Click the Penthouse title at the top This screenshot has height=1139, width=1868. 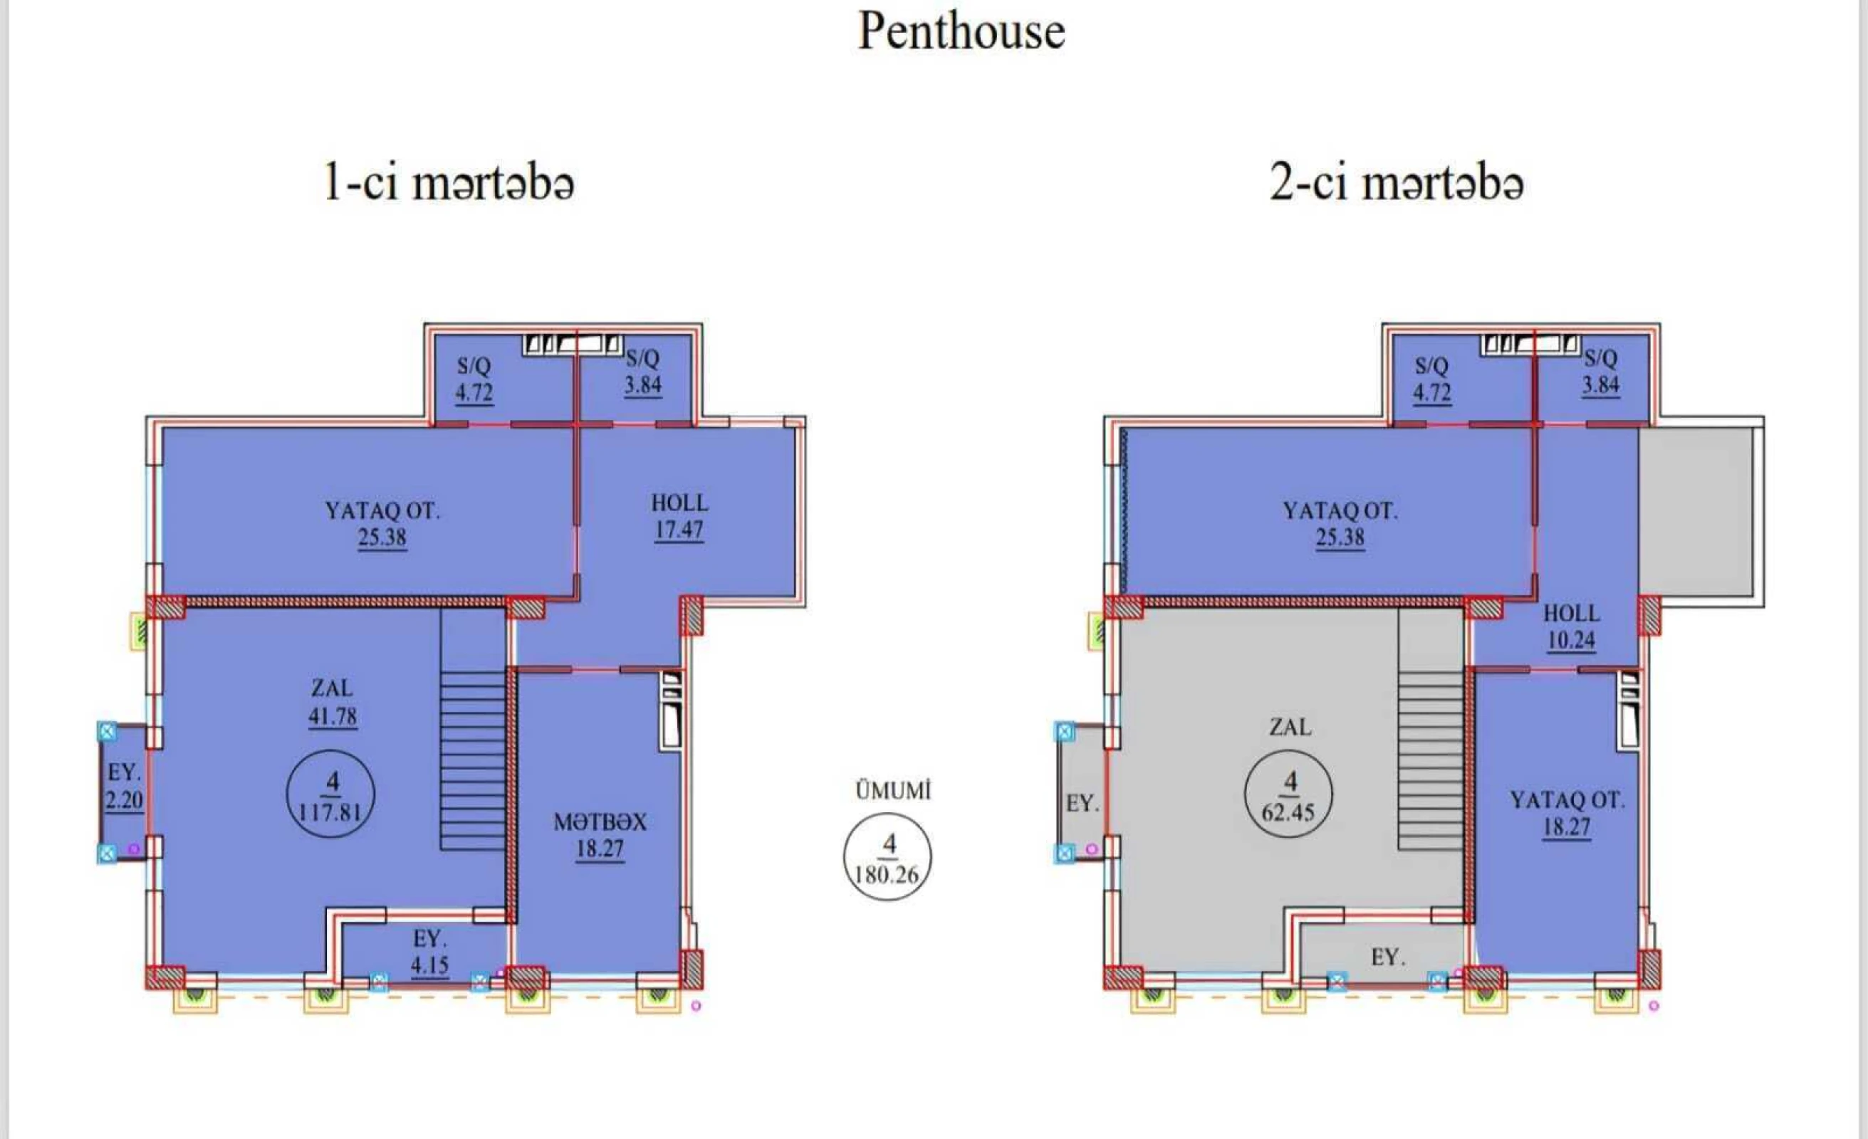pyautogui.click(x=961, y=32)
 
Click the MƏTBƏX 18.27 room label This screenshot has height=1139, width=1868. pyautogui.click(x=600, y=835)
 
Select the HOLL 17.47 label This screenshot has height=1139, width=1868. pyautogui.click(x=679, y=517)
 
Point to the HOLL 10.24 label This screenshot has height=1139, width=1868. pyautogui.click(x=1571, y=626)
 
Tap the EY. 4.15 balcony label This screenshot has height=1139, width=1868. pyautogui.click(x=429, y=952)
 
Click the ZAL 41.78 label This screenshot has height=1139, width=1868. pyautogui.click(x=332, y=702)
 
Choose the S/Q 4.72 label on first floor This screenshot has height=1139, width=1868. pyautogui.click(x=474, y=379)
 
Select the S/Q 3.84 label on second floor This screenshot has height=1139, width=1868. pyautogui.click(x=1600, y=372)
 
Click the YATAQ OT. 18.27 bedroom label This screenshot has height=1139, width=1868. pyautogui.click(x=1567, y=813)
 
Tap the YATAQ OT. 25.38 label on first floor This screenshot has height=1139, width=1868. pyautogui.click(x=382, y=524)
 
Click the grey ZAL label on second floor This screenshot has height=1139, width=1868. pyautogui.click(x=1290, y=727)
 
